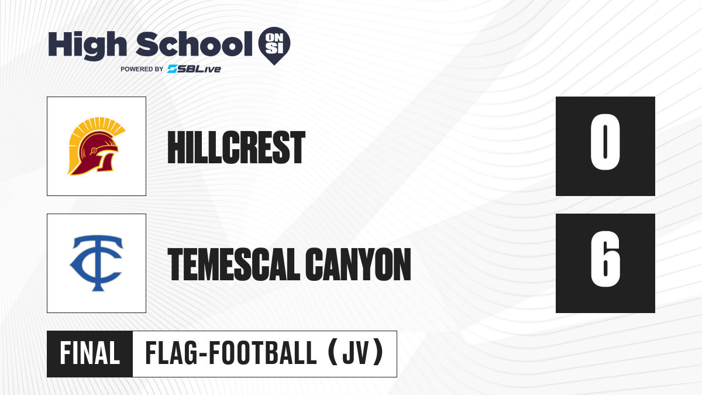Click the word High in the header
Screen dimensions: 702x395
coord(88,45)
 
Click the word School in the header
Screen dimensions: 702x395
coord(194,44)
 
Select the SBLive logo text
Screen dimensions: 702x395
coord(194,69)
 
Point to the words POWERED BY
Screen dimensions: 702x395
coord(142,69)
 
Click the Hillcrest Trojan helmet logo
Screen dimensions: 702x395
coord(97,146)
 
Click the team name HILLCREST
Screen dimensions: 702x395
coord(236,147)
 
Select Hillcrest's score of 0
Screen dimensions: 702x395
coord(605,142)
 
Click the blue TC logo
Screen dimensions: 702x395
coord(97,263)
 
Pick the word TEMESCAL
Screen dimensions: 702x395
coord(234,264)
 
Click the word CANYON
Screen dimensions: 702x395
coord(358,264)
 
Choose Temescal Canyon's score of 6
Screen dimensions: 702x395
coord(605,259)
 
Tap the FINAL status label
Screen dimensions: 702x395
coord(90,353)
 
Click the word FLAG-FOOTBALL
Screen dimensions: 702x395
coord(231,353)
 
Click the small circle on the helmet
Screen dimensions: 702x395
coord(94,151)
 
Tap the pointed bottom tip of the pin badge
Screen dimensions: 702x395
coord(274,65)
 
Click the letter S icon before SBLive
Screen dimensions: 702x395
coord(173,69)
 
